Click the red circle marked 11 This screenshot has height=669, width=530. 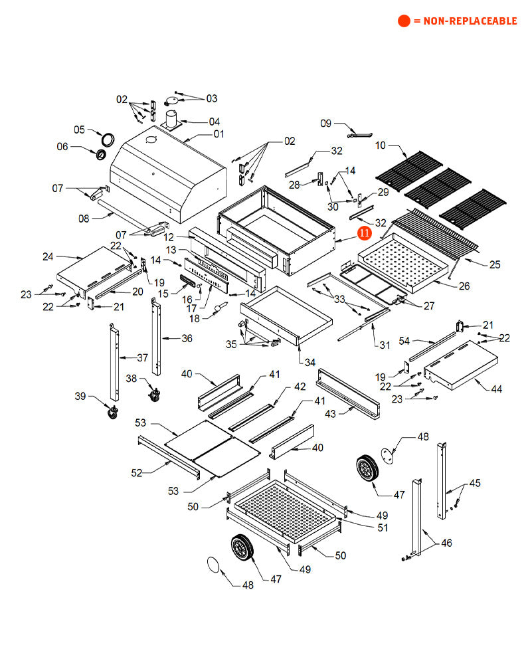pos(365,233)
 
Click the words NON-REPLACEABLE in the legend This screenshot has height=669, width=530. pos(465,21)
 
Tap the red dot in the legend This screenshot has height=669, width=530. pos(404,21)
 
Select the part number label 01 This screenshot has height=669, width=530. pos(219,134)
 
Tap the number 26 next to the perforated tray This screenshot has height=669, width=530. pos(464,286)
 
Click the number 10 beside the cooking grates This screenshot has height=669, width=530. pos(380,145)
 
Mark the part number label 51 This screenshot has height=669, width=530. pos(382,527)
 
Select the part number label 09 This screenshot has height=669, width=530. pos(325,124)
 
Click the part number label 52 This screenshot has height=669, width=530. pos(136,472)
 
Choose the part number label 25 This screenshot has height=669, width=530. pos(495,265)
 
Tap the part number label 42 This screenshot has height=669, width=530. pos(300,386)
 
